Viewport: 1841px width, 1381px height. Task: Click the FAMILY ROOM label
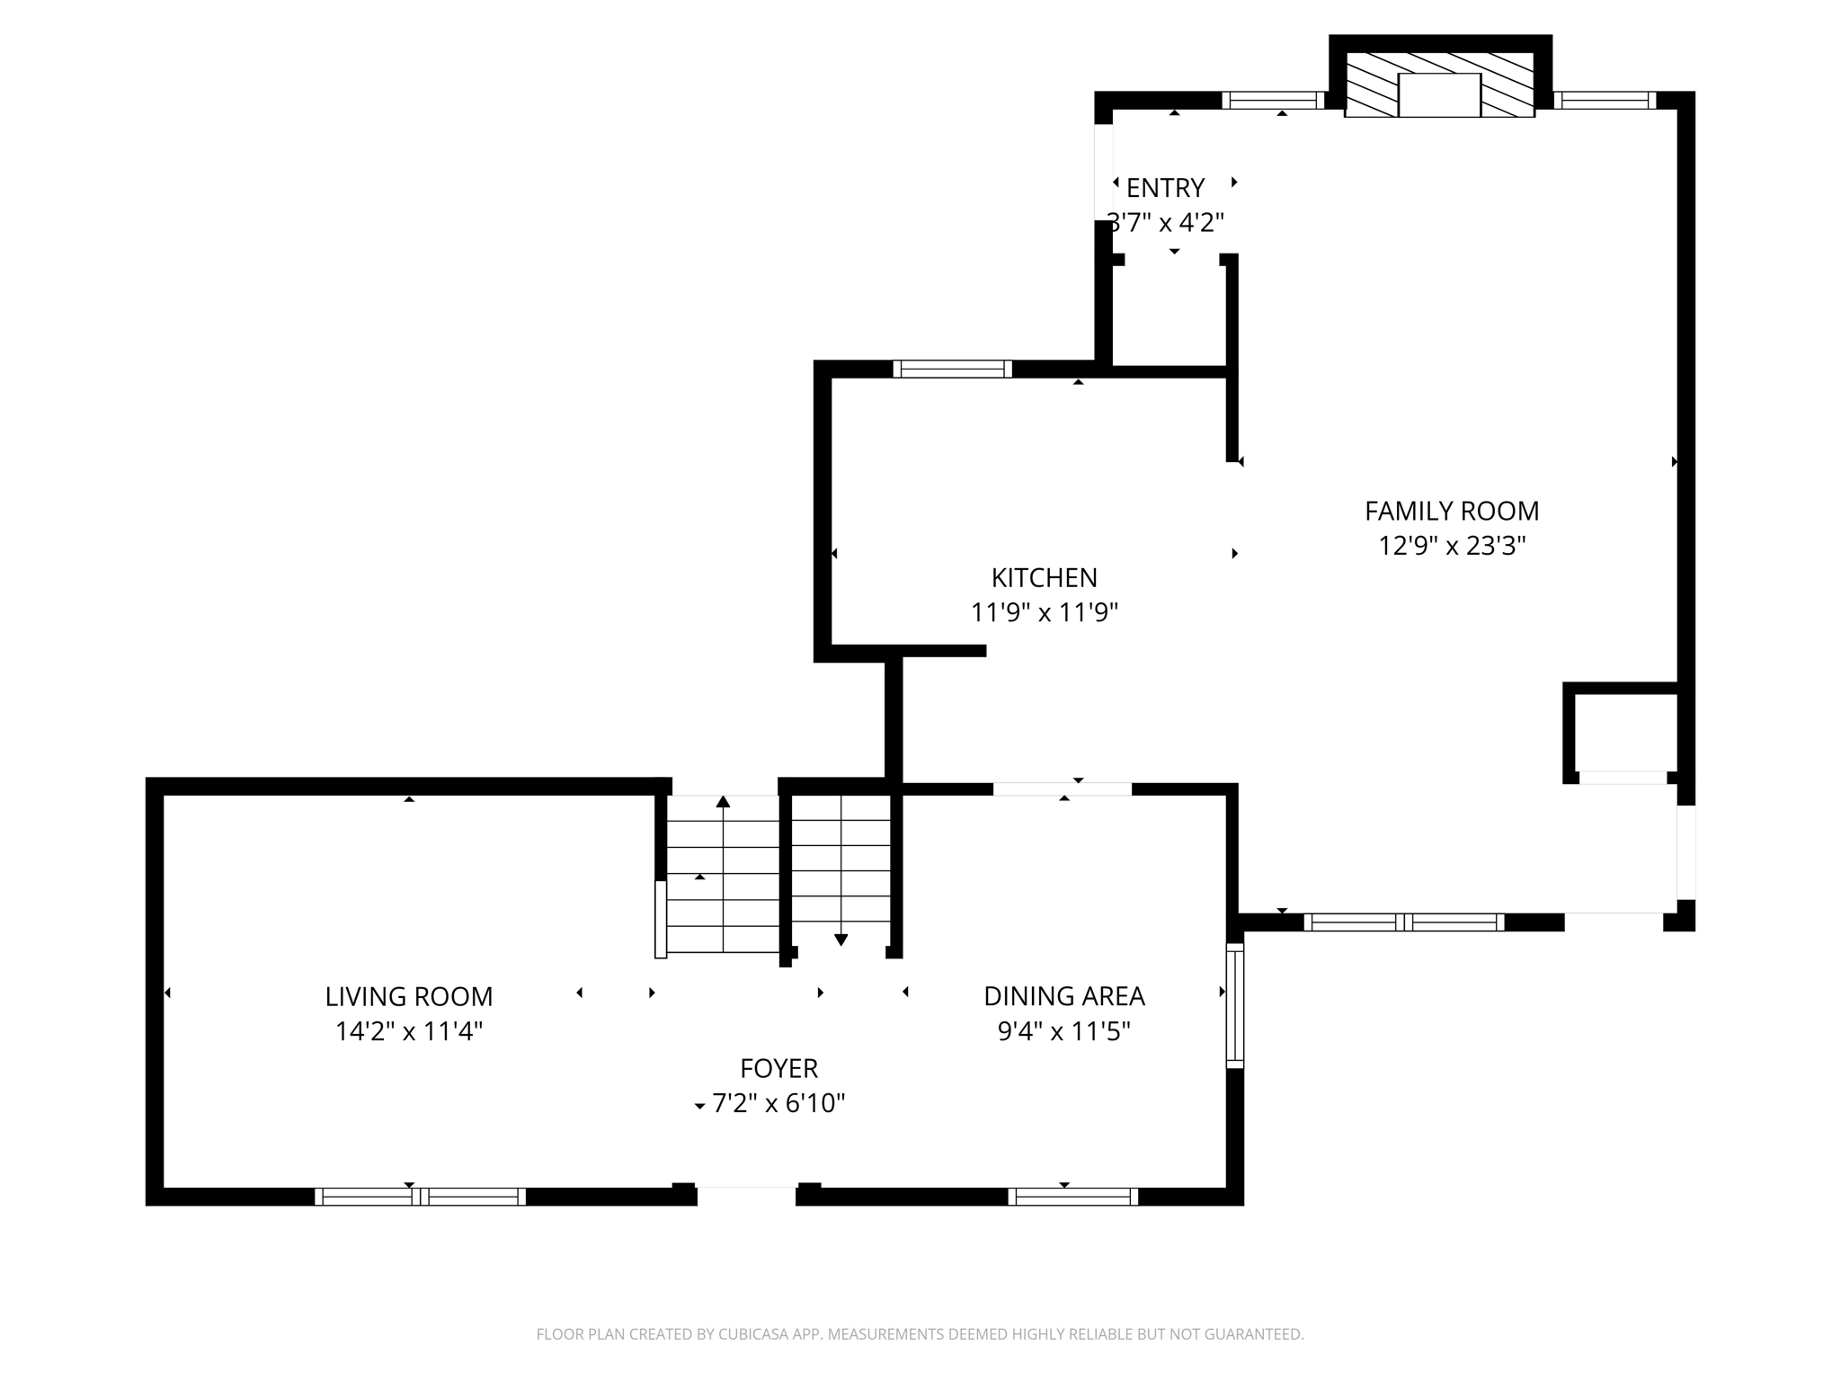(1452, 511)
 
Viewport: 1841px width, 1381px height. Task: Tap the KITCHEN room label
(1044, 577)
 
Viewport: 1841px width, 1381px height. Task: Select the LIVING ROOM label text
(409, 996)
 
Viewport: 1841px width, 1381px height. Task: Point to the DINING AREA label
(1064, 996)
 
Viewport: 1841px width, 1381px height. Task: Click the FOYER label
(779, 1068)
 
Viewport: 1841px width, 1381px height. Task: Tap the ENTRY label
(1165, 188)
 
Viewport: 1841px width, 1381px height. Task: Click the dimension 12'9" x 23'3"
(1452, 546)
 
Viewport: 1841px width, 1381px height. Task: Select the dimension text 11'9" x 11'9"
(1044, 612)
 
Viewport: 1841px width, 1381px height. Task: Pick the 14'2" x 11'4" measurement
(409, 1031)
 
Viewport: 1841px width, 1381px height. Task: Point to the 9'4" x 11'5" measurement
(1064, 1031)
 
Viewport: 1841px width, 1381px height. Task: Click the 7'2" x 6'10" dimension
(779, 1103)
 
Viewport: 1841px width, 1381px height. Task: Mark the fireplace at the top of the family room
(1439, 85)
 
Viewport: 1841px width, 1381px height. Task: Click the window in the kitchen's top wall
(953, 369)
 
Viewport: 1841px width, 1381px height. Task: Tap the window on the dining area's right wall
(1235, 1005)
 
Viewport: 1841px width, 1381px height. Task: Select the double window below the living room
(420, 1197)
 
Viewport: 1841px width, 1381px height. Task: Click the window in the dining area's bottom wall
(1073, 1197)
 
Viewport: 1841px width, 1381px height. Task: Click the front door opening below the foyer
(746, 1195)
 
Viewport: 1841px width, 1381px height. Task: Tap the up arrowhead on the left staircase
(723, 801)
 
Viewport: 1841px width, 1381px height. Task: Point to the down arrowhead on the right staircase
(840, 940)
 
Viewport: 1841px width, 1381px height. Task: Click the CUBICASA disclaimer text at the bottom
(920, 1334)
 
